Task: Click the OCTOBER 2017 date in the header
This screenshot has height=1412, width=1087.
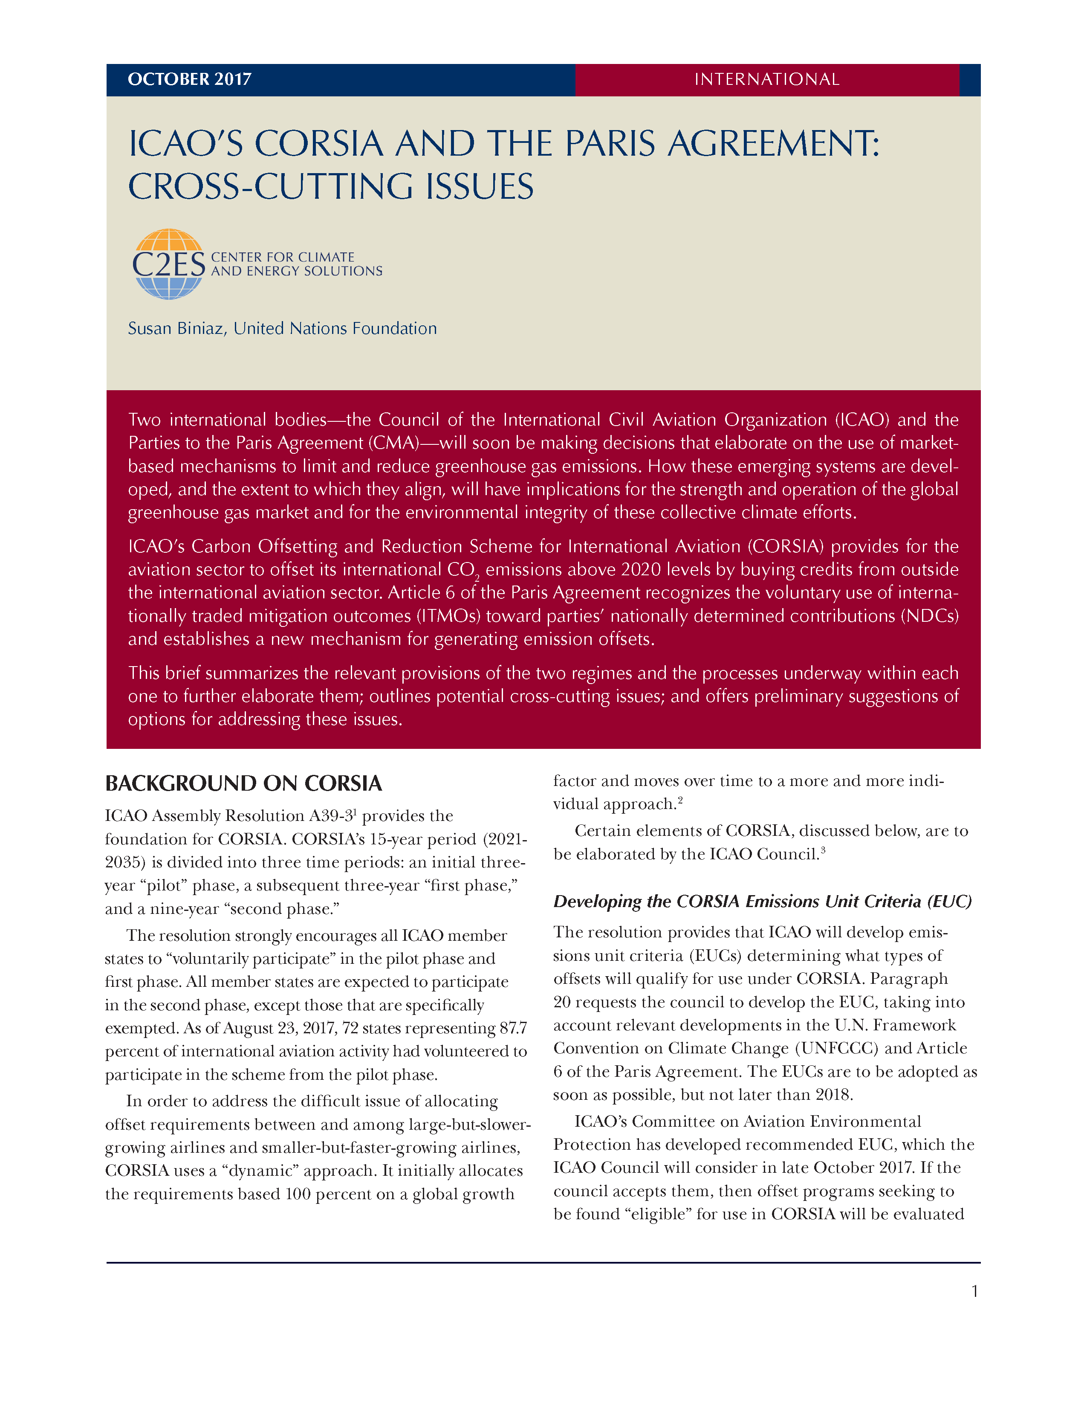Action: coord(189,79)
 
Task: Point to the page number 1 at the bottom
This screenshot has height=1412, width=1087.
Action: coord(974,1291)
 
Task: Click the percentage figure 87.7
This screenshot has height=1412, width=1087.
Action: coord(513,1028)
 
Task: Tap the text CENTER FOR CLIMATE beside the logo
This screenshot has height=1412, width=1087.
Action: coord(283,257)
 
